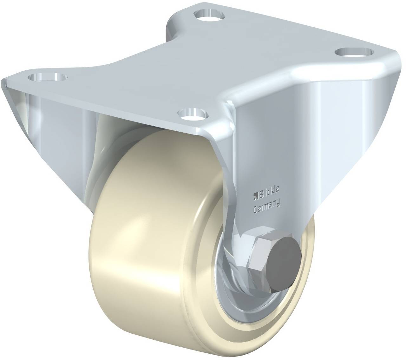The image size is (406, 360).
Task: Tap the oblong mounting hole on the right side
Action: point(354,52)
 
